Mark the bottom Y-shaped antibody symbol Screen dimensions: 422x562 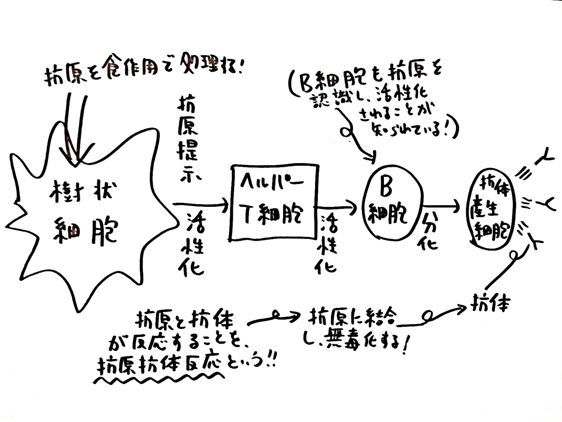[536, 243]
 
